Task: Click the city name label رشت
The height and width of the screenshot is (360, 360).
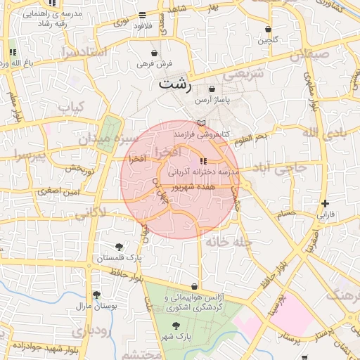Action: pos(174,84)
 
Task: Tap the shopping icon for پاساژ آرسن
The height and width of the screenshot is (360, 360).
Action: pos(212,89)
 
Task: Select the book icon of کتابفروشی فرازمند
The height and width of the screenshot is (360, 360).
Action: pos(202,122)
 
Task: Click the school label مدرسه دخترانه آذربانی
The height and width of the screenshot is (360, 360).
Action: pos(203,172)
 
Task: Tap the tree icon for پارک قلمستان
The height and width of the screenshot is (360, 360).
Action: pos(119,247)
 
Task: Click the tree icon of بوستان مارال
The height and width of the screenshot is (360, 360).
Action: pos(96,295)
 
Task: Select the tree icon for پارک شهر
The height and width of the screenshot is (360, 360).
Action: pos(175,326)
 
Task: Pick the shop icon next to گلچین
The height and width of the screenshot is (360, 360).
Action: pos(269,29)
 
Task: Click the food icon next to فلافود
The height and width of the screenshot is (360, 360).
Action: pos(142,15)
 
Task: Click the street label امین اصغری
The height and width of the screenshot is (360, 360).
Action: pos(58,191)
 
